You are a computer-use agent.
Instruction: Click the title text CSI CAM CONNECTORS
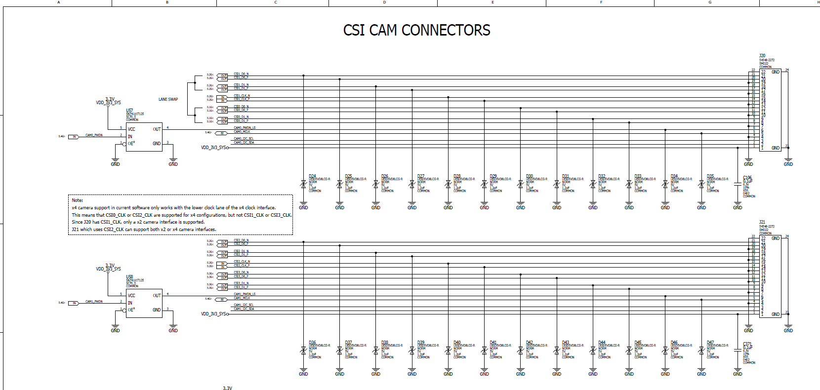click(416, 30)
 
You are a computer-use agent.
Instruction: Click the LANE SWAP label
click(168, 99)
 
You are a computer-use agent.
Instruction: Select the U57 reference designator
click(129, 111)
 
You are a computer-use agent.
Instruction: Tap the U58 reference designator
click(129, 277)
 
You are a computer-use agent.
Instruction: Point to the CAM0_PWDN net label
click(94, 135)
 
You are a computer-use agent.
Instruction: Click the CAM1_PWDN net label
click(94, 301)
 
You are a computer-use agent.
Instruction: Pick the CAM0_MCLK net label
click(242, 132)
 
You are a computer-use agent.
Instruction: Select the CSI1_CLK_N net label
click(242, 96)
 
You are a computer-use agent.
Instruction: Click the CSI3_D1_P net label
click(241, 287)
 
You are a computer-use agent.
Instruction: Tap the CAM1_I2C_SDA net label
click(244, 309)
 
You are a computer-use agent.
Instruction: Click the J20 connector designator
click(762, 56)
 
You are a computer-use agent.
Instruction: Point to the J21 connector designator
click(762, 222)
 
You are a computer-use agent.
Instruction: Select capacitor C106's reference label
click(747, 178)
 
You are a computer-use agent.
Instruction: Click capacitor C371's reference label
click(747, 344)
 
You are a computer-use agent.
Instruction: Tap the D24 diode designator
click(312, 176)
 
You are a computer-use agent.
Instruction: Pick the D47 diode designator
click(710, 342)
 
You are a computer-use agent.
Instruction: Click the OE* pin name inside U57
click(131, 143)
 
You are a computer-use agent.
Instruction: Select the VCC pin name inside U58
click(131, 296)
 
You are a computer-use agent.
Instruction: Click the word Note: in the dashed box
click(78, 200)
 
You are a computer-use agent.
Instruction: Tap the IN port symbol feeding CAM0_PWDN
click(74, 137)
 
